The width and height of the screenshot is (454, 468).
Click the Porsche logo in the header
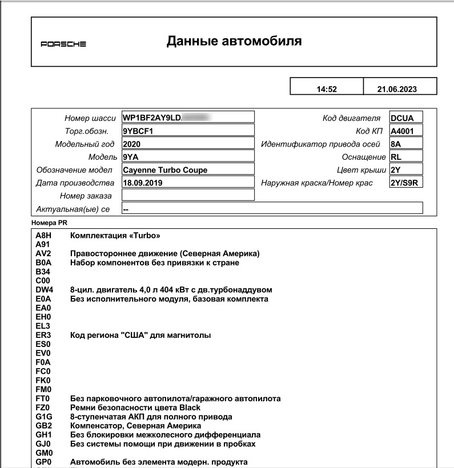(63, 45)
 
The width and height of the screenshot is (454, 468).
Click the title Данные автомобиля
(234, 41)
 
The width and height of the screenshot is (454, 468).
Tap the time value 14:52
(327, 90)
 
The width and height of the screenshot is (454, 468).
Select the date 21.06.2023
(397, 90)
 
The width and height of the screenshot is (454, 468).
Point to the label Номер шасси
(90, 118)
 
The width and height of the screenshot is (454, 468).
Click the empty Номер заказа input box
(188, 196)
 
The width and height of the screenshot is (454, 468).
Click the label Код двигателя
(351, 118)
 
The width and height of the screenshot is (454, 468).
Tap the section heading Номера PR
(51, 221)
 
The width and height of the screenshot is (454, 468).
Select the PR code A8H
(43, 235)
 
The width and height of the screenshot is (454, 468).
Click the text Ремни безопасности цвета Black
(135, 408)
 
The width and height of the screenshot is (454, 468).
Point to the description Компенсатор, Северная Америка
(135, 426)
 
